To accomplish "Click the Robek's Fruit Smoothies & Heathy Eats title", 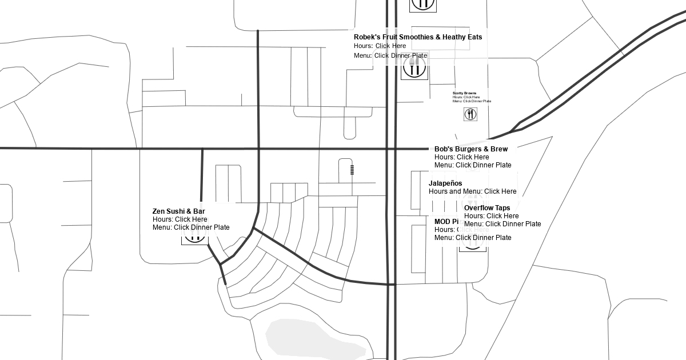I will pyautogui.click(x=418, y=37).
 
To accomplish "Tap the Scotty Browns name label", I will pyautogui.click(x=464, y=93).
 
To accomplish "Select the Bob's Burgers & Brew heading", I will pyautogui.click(x=471, y=149).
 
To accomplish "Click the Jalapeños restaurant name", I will pyautogui.click(x=445, y=183).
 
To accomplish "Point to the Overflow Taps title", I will pyautogui.click(x=487, y=208).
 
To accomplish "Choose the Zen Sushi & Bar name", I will pyautogui.click(x=178, y=211).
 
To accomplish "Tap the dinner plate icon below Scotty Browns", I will pyautogui.click(x=470, y=114).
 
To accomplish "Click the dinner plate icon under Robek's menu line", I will pyautogui.click(x=414, y=67).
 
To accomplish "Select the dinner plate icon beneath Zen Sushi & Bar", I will pyautogui.click(x=194, y=238).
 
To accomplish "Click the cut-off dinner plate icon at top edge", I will pyautogui.click(x=423, y=5).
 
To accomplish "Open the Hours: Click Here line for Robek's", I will pyautogui.click(x=380, y=46).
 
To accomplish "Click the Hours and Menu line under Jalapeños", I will pyautogui.click(x=472, y=191).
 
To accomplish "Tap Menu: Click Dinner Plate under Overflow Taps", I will pyautogui.click(x=502, y=224).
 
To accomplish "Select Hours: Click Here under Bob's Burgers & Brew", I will pyautogui.click(x=462, y=157).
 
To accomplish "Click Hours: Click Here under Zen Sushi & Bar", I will pyautogui.click(x=180, y=219).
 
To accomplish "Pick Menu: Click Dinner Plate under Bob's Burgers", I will pyautogui.click(x=473, y=165).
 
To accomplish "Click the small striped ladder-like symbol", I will pyautogui.click(x=352, y=169).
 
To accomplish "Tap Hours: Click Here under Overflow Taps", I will pyautogui.click(x=492, y=216).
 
